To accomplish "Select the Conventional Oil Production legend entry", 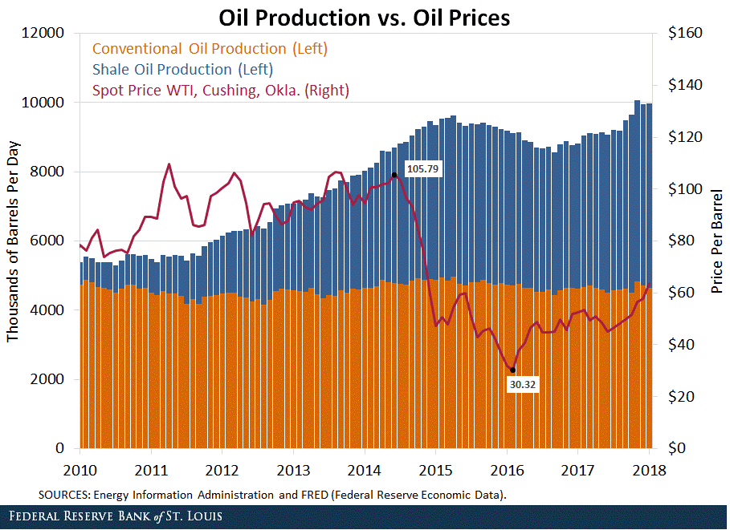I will click(x=210, y=49).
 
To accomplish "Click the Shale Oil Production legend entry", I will click(x=182, y=70).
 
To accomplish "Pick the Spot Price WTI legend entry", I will click(x=220, y=91).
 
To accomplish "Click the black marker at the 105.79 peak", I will click(x=394, y=175).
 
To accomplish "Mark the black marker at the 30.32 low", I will click(x=512, y=370).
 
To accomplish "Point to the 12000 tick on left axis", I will click(x=46, y=34).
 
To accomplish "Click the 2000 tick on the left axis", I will click(x=49, y=379).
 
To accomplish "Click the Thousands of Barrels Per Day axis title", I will click(x=14, y=241).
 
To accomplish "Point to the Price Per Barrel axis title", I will click(x=716, y=241).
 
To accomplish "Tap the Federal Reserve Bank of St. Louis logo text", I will click(x=112, y=515).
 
